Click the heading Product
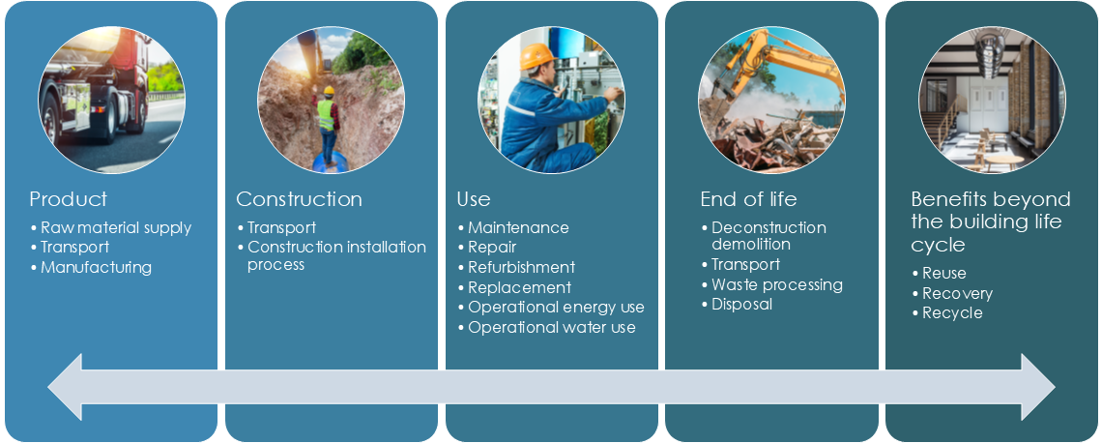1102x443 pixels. coord(69,199)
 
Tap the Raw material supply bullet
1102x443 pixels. coord(111,228)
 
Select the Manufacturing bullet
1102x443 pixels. coord(92,267)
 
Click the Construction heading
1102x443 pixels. coord(299,199)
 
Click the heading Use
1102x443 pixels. coord(474,199)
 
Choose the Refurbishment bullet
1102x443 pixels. coord(516,267)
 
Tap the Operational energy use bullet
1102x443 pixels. coord(551,308)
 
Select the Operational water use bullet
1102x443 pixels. coord(547,327)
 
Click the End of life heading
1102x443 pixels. coord(748,199)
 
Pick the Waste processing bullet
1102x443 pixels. coord(772,284)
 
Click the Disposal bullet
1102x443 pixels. coord(738,304)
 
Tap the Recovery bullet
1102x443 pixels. coord(952,293)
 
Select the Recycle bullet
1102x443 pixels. coord(947,313)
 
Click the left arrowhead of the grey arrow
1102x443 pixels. coord(65,387)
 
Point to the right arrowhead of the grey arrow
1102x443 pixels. coord(1038,387)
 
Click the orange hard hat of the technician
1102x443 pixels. coord(537,56)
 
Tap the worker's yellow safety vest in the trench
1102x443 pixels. coord(326,114)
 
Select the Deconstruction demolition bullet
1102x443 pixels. coord(764,236)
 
